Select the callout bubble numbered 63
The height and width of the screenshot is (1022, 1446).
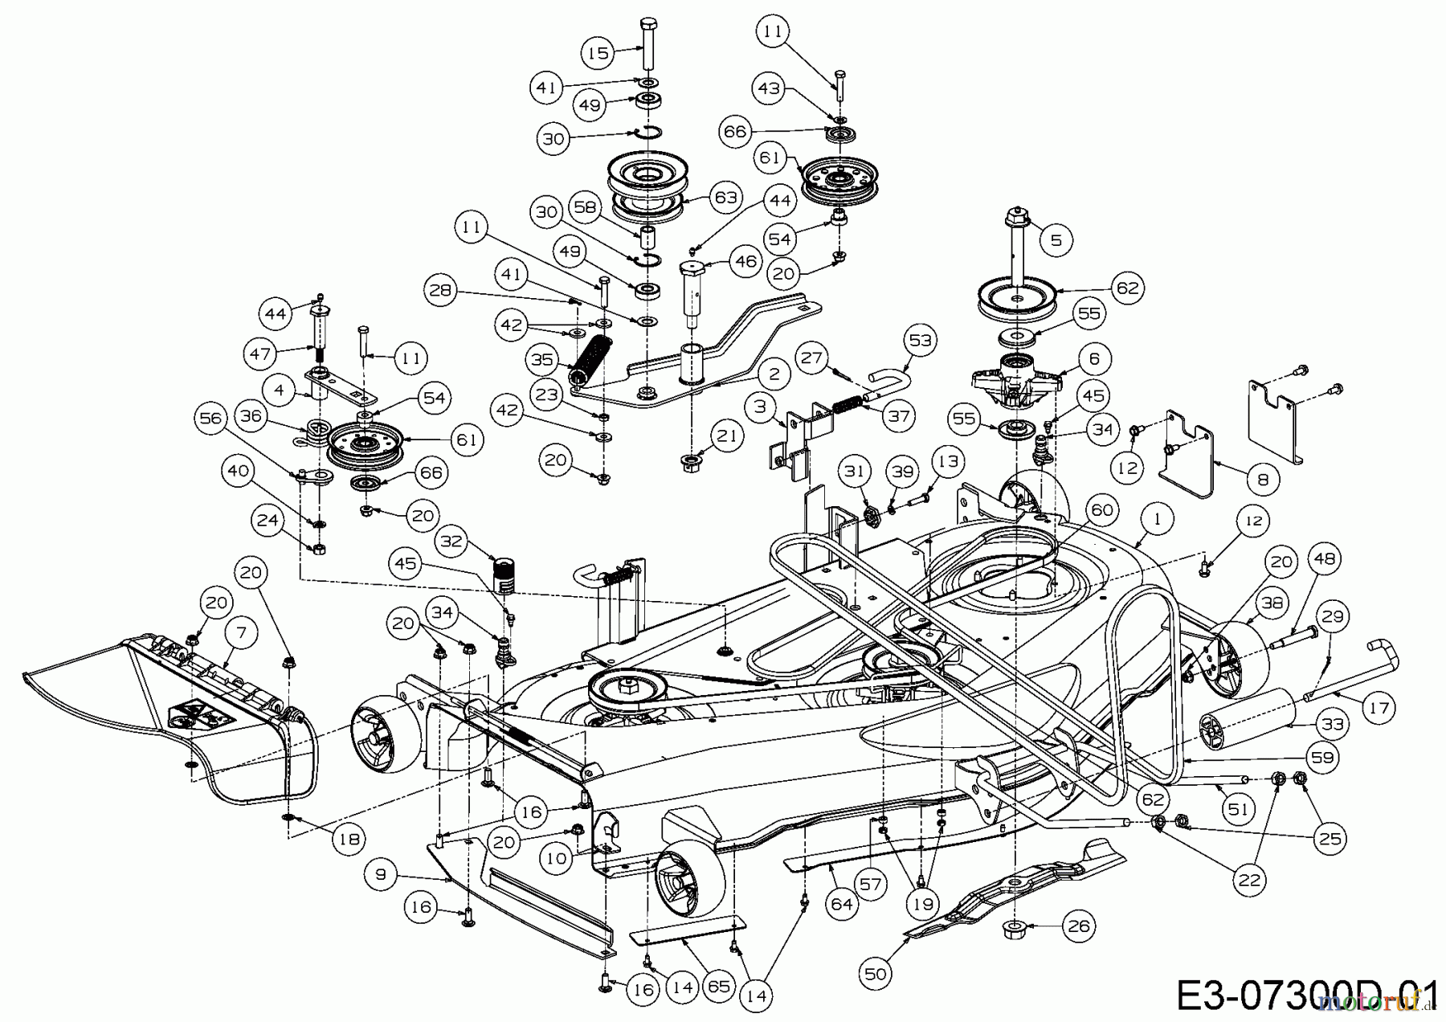coord(725,198)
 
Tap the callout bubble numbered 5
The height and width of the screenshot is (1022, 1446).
coord(1056,239)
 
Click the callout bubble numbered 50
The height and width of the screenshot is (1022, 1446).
coord(876,974)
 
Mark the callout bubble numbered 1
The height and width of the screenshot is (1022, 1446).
coord(1157,520)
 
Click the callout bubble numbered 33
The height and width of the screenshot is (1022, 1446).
coord(1331,724)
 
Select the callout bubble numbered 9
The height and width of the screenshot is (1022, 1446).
coord(381,873)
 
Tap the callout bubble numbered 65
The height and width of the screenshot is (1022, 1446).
coord(719,986)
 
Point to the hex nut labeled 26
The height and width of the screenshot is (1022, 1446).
coord(1015,930)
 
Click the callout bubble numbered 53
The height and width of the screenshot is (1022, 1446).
coord(920,341)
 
